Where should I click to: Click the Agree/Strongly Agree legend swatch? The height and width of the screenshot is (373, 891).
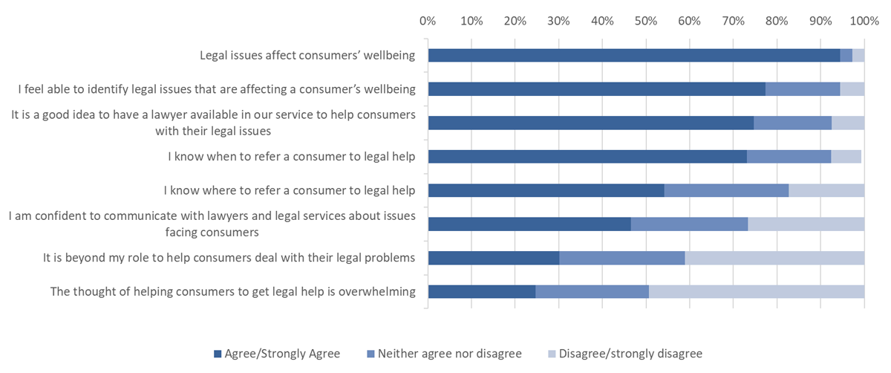click(x=218, y=354)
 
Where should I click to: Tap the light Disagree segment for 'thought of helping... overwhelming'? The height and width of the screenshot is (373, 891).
click(x=757, y=292)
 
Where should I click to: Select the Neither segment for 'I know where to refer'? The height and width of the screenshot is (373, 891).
click(x=726, y=190)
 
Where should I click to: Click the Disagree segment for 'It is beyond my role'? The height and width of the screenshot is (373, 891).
click(x=774, y=258)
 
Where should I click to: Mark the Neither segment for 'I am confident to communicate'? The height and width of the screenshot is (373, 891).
click(x=689, y=224)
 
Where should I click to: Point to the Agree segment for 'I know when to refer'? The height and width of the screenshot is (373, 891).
click(x=587, y=157)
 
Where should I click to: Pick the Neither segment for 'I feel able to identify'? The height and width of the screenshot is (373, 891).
click(x=803, y=89)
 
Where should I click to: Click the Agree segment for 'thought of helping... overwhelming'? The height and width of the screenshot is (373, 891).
click(x=482, y=292)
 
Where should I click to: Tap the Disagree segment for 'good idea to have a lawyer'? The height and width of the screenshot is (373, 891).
click(x=848, y=123)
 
